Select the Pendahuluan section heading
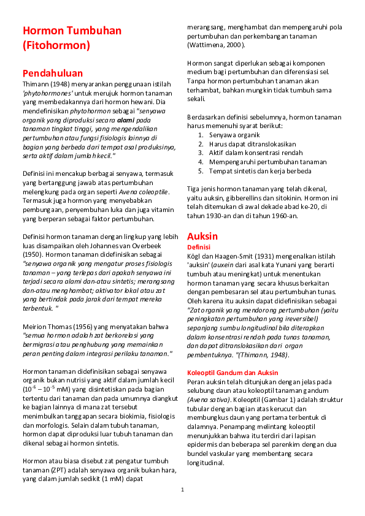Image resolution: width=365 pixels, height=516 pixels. click(52, 73)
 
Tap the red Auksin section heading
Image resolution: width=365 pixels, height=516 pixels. click(202, 235)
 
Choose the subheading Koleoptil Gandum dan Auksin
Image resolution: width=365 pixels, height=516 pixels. click(232, 373)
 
